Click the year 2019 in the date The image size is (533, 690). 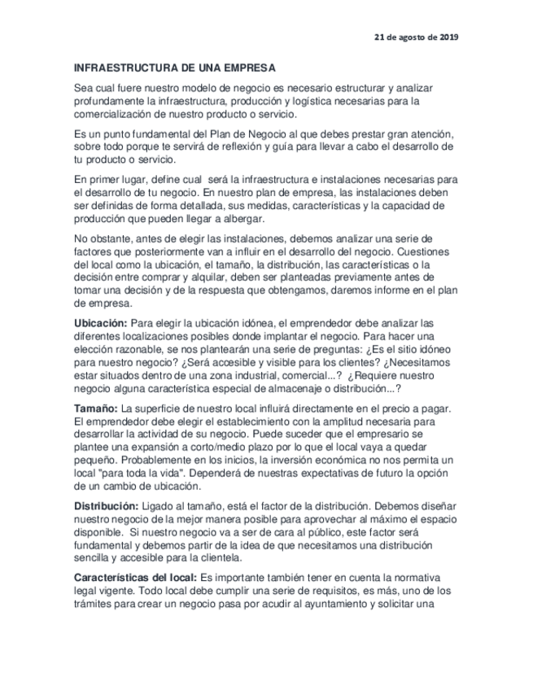(448, 37)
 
